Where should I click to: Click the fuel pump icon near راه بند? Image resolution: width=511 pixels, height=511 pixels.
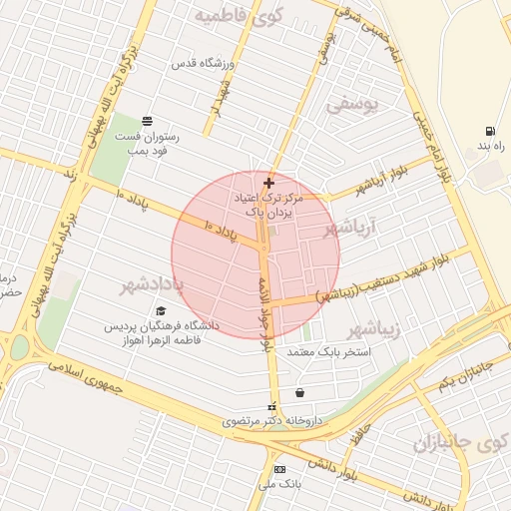[x=489, y=130]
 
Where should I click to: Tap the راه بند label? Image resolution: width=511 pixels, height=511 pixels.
[x=490, y=147]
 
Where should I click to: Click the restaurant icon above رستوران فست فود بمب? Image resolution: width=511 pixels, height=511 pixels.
[x=148, y=120]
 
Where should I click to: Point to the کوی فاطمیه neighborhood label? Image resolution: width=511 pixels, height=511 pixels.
[x=239, y=16]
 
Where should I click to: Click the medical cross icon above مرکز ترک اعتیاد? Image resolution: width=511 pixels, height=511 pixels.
[x=268, y=183]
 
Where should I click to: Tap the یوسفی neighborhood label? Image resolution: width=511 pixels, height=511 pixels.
[x=353, y=103]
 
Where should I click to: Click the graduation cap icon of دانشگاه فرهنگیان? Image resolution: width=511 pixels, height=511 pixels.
[x=161, y=310]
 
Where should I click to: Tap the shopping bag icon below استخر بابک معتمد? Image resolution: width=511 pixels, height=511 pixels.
[x=299, y=392]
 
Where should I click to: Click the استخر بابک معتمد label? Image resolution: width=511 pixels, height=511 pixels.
[x=328, y=352]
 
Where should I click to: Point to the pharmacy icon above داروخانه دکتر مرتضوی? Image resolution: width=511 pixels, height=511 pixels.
[x=271, y=407]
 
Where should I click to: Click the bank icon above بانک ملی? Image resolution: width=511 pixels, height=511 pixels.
[x=279, y=469]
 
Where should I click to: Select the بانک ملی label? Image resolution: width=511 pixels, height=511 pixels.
[x=279, y=484]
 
